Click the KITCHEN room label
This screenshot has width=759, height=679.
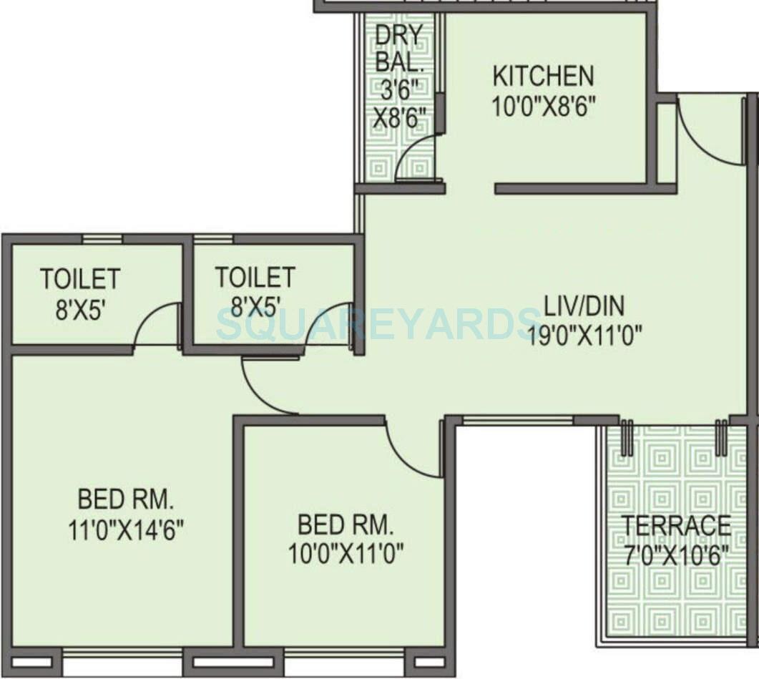(x=543, y=75)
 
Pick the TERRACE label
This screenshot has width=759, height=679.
(x=675, y=525)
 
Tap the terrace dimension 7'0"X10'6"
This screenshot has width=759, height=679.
(x=675, y=555)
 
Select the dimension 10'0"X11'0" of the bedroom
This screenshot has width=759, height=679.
(x=346, y=552)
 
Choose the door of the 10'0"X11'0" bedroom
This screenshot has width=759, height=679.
(x=413, y=451)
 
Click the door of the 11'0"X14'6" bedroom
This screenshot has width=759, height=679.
(x=266, y=386)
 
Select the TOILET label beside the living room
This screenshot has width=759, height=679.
(x=255, y=277)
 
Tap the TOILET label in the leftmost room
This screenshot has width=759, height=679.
(x=80, y=278)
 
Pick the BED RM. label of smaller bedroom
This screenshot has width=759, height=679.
(x=346, y=526)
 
